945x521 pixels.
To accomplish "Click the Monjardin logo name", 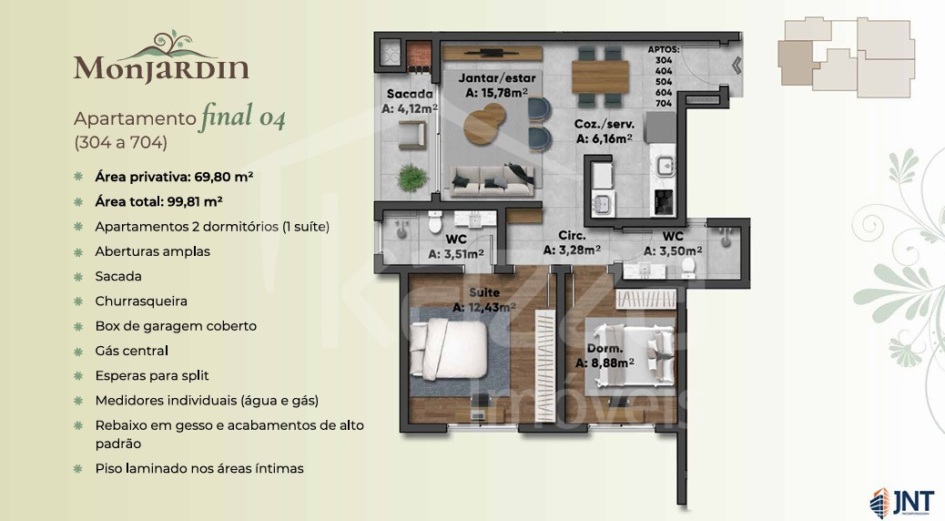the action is (x=161, y=67).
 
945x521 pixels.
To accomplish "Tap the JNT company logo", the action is (x=901, y=502).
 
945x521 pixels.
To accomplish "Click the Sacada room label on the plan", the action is (x=410, y=94).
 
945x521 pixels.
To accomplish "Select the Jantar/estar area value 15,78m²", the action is (x=496, y=92).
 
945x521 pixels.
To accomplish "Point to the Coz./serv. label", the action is (x=604, y=124).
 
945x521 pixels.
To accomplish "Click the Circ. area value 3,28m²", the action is (x=572, y=250).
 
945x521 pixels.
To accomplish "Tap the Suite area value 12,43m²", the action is (x=484, y=307).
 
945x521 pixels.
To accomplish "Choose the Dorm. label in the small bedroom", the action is (x=605, y=349).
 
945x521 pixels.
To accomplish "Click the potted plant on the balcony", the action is (x=412, y=178).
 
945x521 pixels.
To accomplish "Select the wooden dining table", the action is (x=600, y=77).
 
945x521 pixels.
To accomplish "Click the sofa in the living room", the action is (x=493, y=181).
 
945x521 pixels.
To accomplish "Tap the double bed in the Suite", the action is (x=448, y=349).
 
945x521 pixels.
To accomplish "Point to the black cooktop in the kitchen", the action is (x=664, y=201).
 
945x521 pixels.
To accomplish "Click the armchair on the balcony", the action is (x=412, y=135).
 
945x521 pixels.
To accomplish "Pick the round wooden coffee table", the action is (x=484, y=124).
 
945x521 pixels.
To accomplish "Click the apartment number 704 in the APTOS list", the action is (x=664, y=103).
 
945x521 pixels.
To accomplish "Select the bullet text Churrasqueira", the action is (x=141, y=301).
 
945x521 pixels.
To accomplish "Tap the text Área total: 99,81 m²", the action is (x=158, y=201).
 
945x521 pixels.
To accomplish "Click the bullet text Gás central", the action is (x=131, y=351).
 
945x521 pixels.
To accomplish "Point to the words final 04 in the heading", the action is (x=242, y=117).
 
